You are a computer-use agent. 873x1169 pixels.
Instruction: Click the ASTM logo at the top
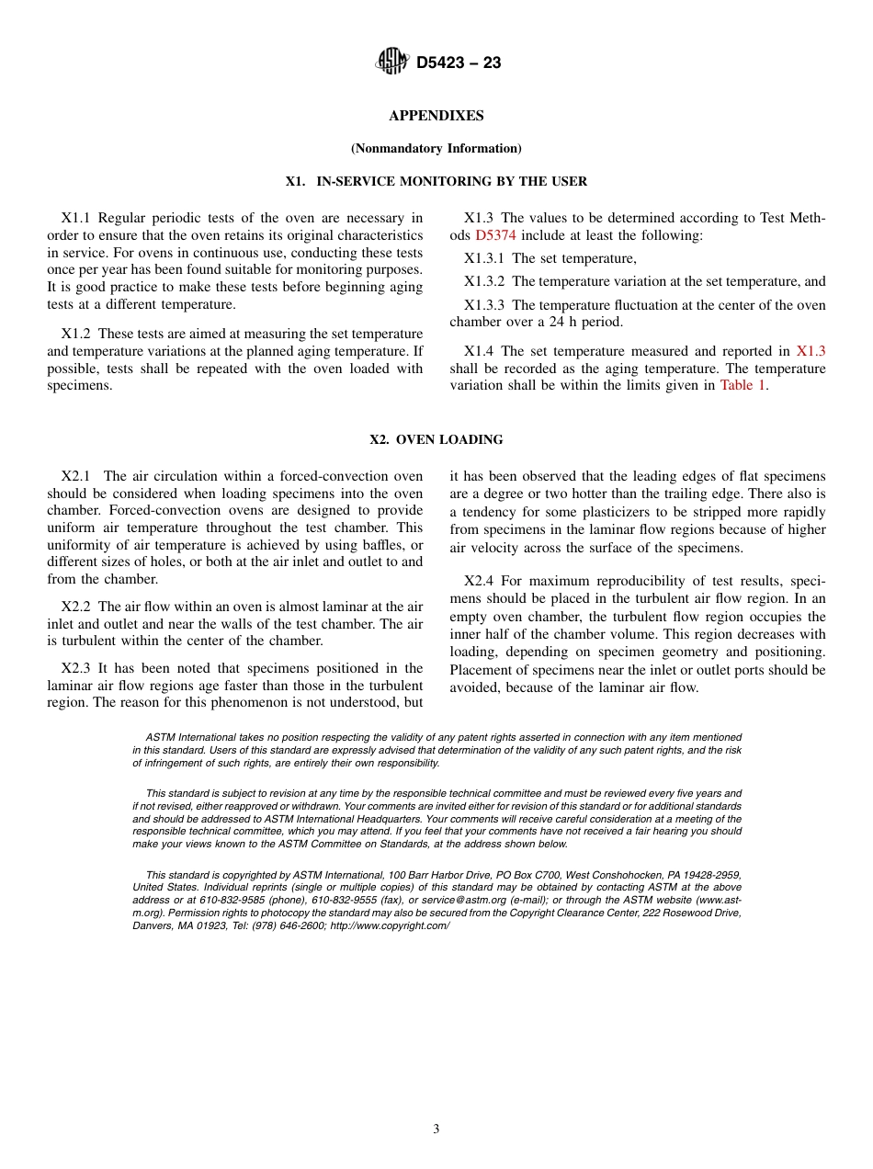tap(392, 62)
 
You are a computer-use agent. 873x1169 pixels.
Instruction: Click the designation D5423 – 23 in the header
tap(459, 63)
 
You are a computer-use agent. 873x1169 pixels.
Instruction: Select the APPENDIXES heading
tap(436, 116)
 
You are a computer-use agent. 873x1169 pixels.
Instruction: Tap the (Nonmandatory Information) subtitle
tap(436, 148)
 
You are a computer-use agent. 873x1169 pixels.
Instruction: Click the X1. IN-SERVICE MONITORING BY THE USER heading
tap(436, 182)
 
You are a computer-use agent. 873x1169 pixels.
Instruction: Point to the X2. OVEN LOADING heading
tap(436, 440)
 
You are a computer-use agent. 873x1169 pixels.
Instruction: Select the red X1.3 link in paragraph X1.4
tap(811, 351)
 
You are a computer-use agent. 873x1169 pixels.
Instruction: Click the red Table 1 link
tap(742, 386)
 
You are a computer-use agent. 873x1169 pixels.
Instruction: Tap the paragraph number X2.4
tap(478, 582)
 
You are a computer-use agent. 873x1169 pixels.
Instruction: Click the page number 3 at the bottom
tap(436, 1129)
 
